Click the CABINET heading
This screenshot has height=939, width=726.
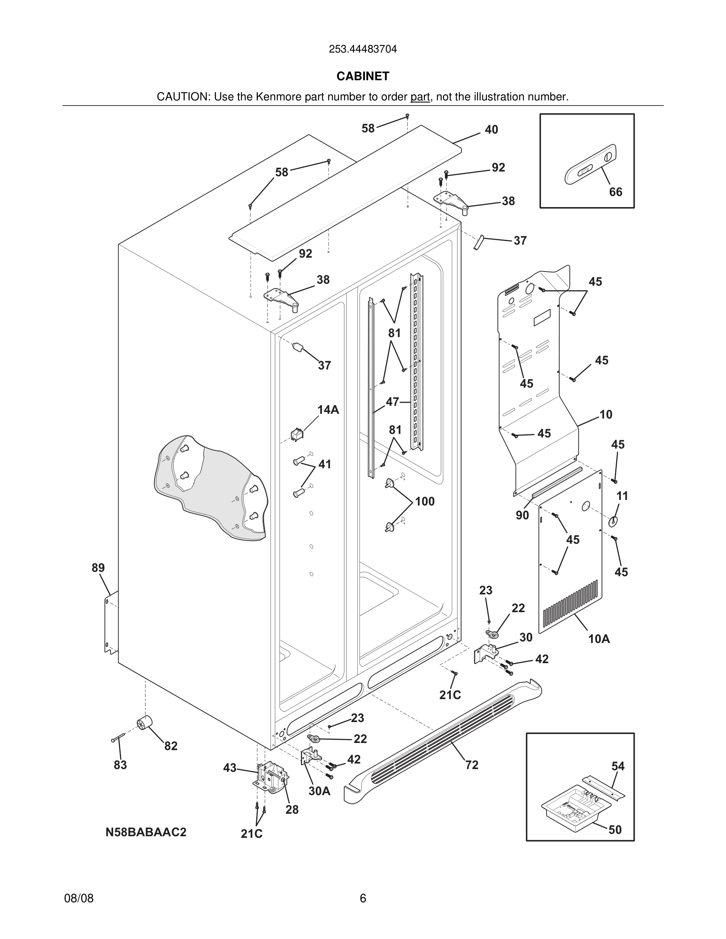[363, 76]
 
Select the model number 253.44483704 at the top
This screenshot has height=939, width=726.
[363, 49]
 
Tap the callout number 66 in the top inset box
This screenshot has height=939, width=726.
[615, 192]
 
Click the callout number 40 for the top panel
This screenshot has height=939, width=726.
[491, 129]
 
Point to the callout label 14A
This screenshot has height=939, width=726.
[328, 410]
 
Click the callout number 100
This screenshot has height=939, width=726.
[425, 502]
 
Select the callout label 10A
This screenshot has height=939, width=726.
[599, 639]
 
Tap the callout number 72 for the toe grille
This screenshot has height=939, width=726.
[472, 765]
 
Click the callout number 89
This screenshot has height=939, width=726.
[98, 568]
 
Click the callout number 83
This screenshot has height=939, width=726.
[121, 765]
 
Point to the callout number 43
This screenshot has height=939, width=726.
[230, 767]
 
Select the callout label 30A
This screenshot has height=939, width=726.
[319, 791]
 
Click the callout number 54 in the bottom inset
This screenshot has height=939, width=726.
[618, 766]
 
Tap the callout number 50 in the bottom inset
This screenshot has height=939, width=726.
[615, 830]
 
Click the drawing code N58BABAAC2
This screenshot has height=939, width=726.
[146, 832]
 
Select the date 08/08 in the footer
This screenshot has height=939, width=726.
[79, 898]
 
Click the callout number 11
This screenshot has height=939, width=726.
[622, 496]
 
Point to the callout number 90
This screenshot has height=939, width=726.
[522, 515]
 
